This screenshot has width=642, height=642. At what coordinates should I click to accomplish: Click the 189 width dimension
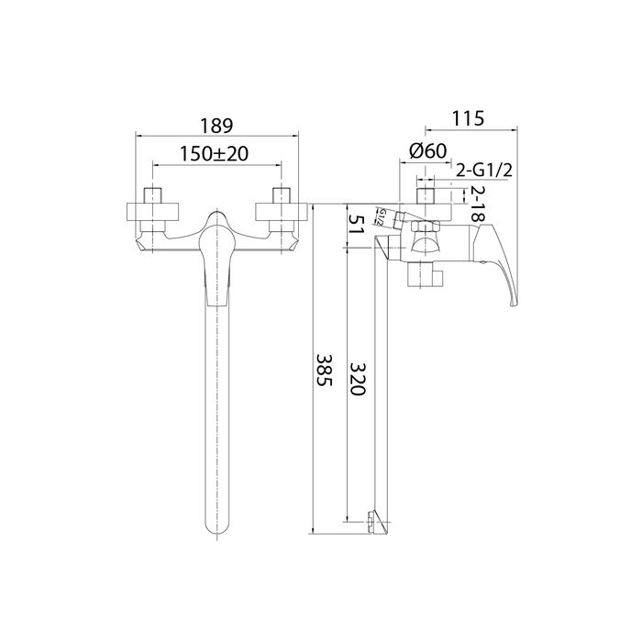[x=216, y=126]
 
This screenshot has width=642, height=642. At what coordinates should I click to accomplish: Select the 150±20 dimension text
[x=214, y=154]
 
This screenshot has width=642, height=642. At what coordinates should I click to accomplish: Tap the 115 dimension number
[x=468, y=118]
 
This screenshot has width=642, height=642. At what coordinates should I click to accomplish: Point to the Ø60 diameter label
[x=428, y=151]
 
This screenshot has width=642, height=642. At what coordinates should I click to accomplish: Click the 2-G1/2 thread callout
[x=484, y=170]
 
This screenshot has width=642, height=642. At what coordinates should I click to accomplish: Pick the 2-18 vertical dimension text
[x=478, y=204]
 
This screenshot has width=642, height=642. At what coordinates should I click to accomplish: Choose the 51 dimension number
[x=356, y=225]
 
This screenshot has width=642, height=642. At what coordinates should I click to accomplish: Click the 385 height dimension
[x=325, y=370]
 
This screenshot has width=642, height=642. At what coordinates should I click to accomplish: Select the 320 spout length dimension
[x=357, y=379]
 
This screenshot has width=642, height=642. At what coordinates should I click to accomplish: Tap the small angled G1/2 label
[x=380, y=217]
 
